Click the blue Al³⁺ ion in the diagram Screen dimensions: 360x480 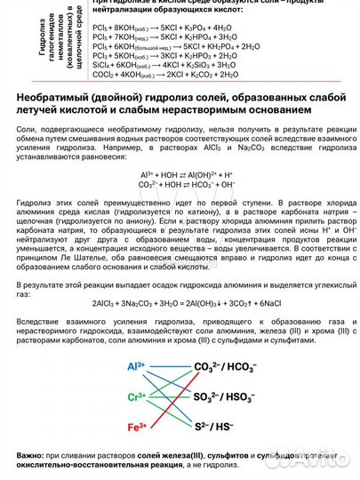point(135,366)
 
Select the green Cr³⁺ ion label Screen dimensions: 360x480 point(136,397)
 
